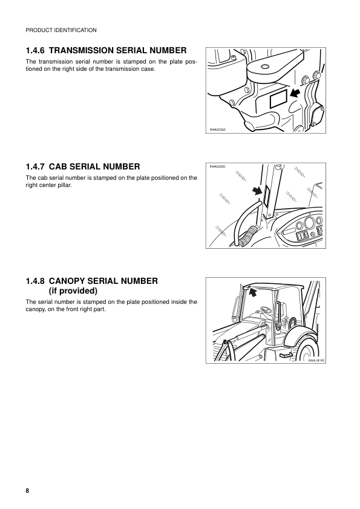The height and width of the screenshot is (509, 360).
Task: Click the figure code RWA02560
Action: click(217, 130)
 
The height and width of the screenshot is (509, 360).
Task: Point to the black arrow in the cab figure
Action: click(258, 191)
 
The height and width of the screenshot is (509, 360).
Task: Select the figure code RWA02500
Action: click(217, 166)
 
